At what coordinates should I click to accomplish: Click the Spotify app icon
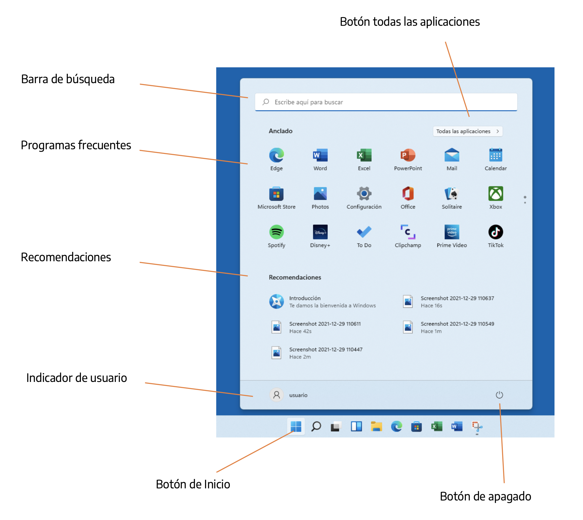(276, 232)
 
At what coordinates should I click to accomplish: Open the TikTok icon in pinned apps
(495, 232)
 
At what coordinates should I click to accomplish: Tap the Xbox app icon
(495, 194)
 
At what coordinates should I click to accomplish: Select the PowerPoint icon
(408, 155)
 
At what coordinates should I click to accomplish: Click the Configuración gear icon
(364, 194)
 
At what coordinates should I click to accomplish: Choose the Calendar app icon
(495, 155)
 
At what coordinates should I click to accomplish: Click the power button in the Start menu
(499, 395)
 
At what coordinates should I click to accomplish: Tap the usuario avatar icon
(276, 395)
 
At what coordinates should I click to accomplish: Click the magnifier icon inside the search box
(266, 102)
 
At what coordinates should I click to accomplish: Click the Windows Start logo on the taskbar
(296, 426)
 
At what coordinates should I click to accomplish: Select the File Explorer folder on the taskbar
(376, 427)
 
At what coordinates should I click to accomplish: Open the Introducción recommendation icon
(276, 301)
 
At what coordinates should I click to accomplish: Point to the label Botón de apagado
(485, 496)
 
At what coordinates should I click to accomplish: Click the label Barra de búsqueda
(68, 79)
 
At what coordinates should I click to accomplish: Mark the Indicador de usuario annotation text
(77, 378)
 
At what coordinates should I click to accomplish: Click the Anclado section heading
(280, 131)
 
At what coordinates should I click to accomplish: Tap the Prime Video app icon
(452, 232)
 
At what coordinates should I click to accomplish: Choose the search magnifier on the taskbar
(316, 426)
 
